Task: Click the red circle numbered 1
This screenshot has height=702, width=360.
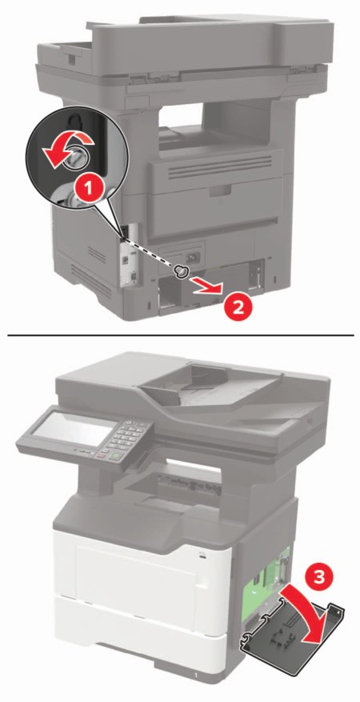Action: (x=90, y=188)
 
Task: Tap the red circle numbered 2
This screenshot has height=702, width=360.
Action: (x=238, y=308)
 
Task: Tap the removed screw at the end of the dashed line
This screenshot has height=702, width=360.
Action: (x=182, y=271)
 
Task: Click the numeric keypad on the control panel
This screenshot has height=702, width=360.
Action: (x=126, y=437)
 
